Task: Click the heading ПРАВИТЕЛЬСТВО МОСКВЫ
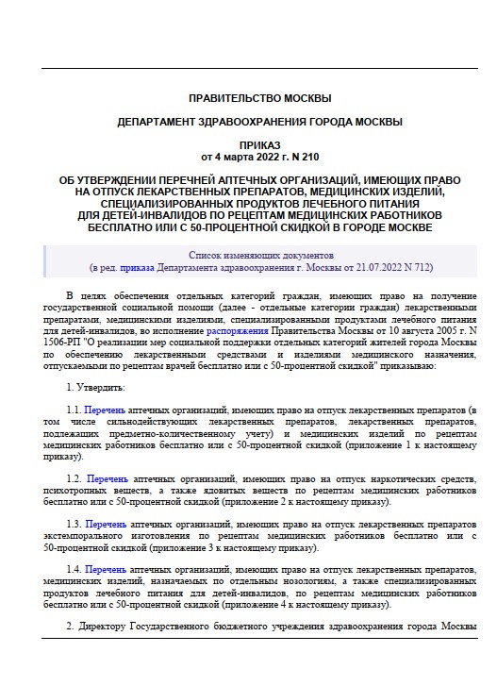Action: click(259, 98)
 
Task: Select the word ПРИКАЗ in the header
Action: click(259, 144)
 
